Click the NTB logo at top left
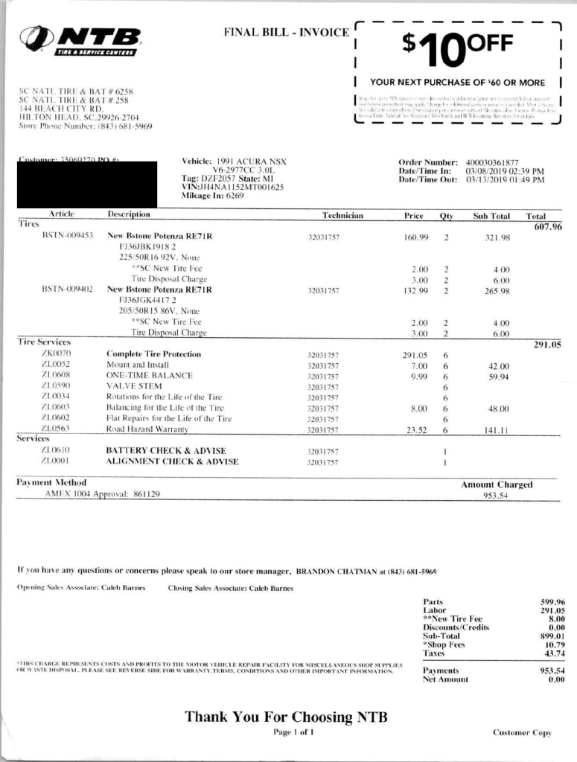tap(80, 39)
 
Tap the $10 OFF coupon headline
tap(457, 46)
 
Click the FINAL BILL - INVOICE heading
tap(286, 32)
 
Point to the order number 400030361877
tap(492, 161)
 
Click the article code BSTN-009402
tap(67, 289)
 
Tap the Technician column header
tap(342, 216)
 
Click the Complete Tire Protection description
tap(153, 354)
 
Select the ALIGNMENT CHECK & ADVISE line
tap(173, 462)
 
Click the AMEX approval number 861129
tap(147, 493)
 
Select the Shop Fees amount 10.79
tap(552, 644)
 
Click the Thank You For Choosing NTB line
tap(286, 717)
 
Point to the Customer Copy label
tap(522, 733)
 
